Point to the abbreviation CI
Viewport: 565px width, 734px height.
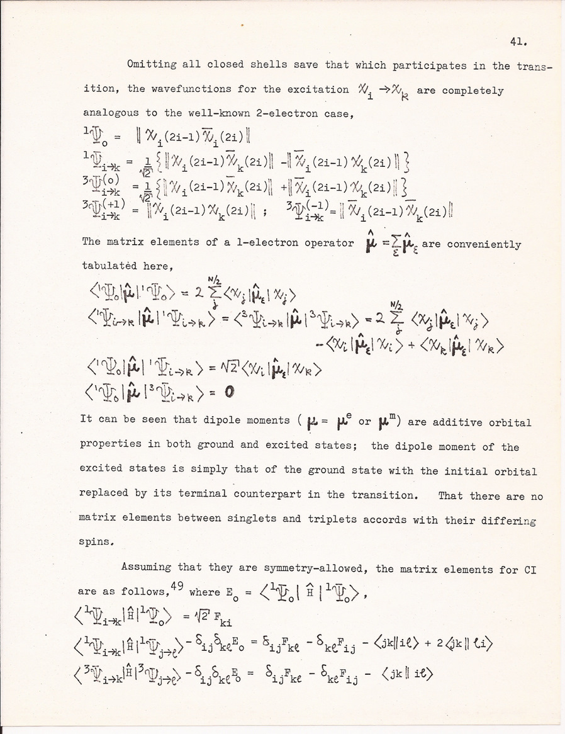click(x=529, y=569)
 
